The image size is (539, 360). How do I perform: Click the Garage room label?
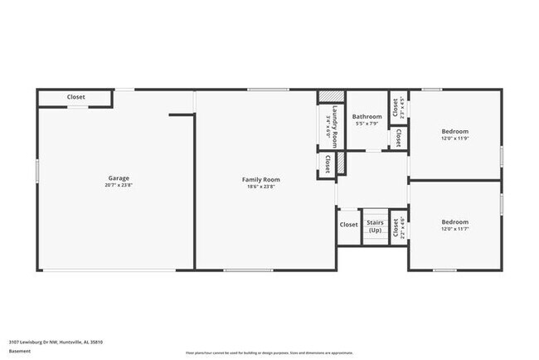click(118, 178)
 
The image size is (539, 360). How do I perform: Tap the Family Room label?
click(260, 180)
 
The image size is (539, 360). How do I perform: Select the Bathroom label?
click(367, 117)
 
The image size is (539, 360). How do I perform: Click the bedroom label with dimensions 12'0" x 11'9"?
click(454, 132)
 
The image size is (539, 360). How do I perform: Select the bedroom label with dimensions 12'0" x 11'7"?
click(454, 222)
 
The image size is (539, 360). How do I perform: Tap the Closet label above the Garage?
click(76, 97)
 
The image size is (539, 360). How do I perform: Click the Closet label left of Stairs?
click(348, 225)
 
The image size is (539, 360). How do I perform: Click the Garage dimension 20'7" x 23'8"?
click(118, 187)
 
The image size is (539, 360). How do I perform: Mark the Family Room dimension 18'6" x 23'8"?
click(260, 187)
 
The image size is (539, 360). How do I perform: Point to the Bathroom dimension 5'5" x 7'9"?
click(367, 124)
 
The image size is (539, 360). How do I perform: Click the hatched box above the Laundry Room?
click(330, 96)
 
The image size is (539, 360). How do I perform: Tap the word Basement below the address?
click(20, 351)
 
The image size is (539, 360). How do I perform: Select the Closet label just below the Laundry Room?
click(328, 163)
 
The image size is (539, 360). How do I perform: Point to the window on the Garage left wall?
click(37, 178)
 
